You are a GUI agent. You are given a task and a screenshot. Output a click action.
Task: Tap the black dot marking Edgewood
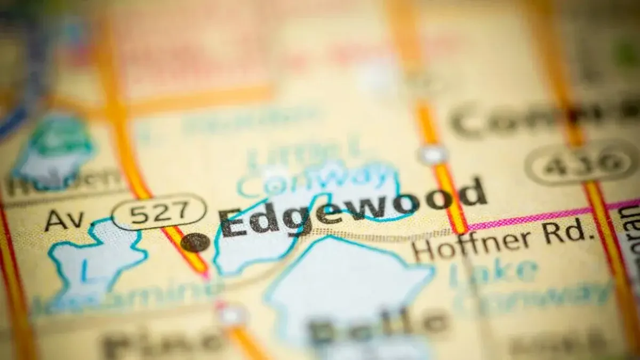coord(195,242)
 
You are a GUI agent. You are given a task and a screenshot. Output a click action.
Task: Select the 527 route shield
coord(159,212)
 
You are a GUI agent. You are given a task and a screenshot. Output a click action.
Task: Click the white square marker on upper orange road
coord(432,155)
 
